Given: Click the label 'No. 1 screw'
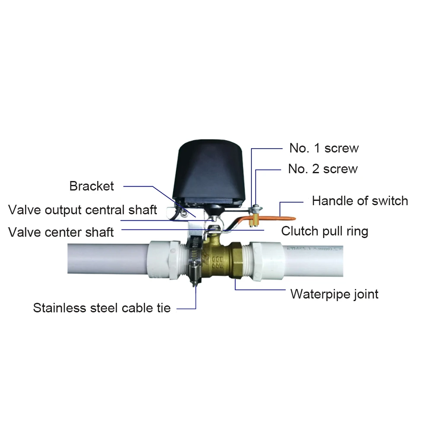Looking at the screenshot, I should [324, 148].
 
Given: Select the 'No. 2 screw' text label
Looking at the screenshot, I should [323, 168].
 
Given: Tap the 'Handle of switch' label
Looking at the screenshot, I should [360, 201].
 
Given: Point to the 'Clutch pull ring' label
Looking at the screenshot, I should [325, 231].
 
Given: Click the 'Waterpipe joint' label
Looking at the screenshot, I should [334, 294].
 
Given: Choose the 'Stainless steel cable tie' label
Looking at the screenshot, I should [102, 308].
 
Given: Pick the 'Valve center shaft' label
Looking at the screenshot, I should [61, 232].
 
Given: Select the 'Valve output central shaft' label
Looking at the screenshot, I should [83, 210].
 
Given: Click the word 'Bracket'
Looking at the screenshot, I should [92, 186].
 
